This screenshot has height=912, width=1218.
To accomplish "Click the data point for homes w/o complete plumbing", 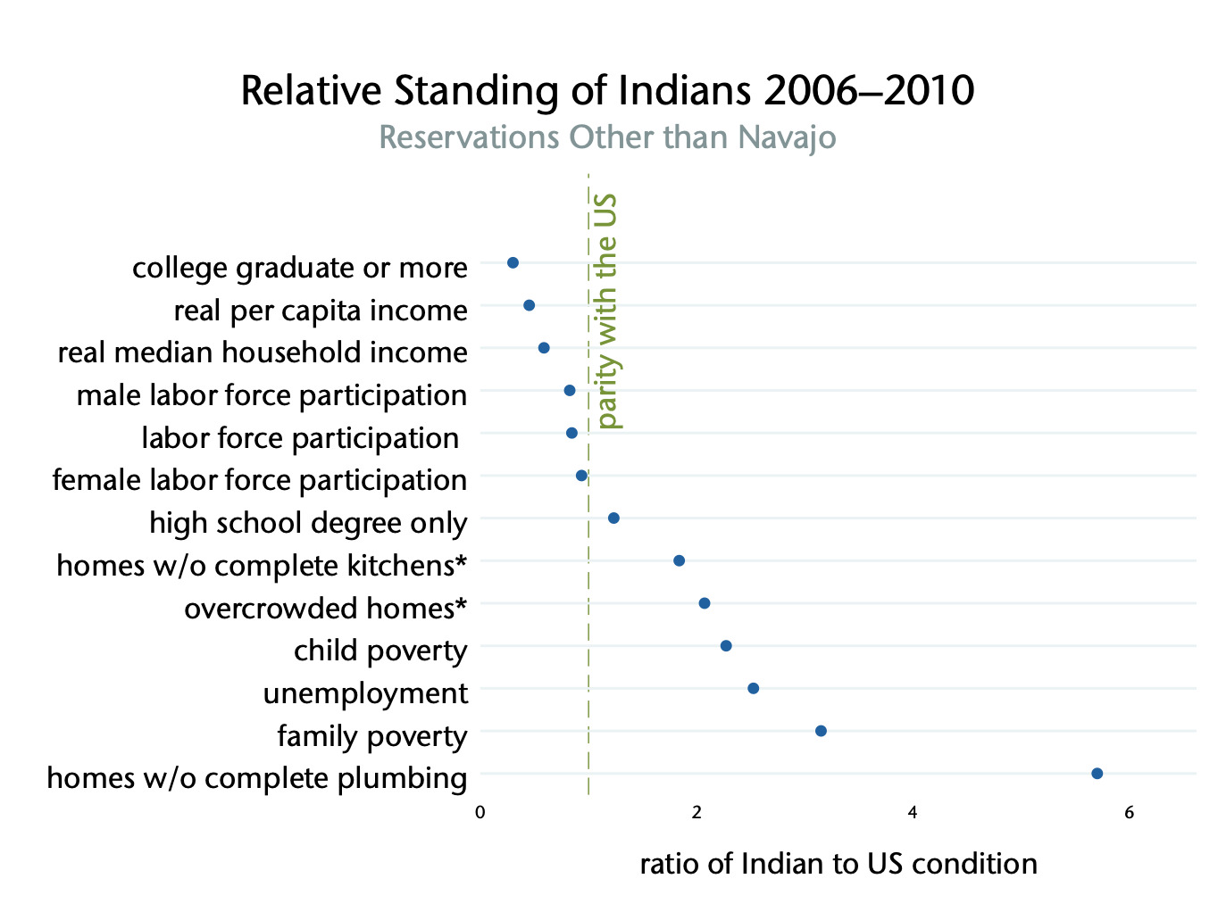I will point(1097,773).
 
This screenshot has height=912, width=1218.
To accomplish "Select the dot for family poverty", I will point(821,731).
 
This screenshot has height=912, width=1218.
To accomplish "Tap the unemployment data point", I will point(753,688).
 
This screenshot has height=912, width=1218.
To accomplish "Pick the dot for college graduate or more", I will point(513,262).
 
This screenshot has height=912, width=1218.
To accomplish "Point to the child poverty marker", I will point(726,645).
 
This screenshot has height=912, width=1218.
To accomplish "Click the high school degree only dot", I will point(613,518).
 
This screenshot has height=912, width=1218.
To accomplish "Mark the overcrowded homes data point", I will point(704,603).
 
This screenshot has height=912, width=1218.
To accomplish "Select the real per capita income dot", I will point(529,305).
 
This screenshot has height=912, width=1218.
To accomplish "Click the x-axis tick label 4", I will point(913,812).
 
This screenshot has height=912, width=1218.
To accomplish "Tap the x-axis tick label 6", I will point(1129,812).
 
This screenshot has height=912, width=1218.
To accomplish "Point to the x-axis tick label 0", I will point(480,812).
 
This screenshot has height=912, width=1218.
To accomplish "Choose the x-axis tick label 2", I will point(697,812).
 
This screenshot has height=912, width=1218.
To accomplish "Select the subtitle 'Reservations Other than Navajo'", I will point(607,137).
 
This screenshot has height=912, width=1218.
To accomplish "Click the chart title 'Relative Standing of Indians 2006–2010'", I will point(607,91).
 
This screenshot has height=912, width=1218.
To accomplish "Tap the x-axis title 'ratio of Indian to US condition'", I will point(838,864).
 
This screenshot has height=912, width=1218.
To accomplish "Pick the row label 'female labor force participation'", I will point(260,480).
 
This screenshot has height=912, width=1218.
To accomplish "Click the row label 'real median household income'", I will point(263,352).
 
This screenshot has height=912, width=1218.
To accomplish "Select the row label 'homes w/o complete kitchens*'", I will point(262,566).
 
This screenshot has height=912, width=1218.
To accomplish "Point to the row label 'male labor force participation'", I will point(271,395).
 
